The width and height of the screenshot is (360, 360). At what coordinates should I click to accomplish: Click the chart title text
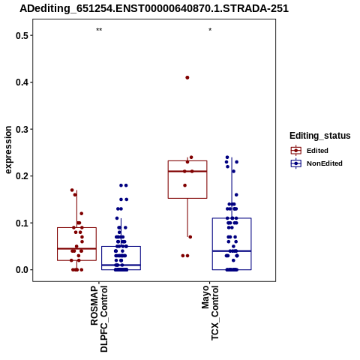(x=154, y=8)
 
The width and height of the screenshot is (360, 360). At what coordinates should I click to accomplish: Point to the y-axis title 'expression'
(x=8, y=150)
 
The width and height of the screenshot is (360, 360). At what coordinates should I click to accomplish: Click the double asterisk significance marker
(x=99, y=29)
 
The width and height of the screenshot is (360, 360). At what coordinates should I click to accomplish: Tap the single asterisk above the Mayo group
(x=210, y=29)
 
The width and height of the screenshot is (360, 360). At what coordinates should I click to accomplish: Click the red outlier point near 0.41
(x=187, y=77)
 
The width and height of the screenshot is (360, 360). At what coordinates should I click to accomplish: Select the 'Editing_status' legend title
(x=319, y=136)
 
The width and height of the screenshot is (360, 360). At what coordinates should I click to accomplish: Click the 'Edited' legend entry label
(x=317, y=151)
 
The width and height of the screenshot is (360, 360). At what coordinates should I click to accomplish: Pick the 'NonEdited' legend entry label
(x=325, y=163)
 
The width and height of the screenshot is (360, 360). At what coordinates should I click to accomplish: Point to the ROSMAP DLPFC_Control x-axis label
(x=99, y=319)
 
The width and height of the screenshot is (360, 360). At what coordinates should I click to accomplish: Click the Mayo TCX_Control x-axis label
(x=210, y=313)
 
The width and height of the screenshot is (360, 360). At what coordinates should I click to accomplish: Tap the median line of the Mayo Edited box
(x=187, y=171)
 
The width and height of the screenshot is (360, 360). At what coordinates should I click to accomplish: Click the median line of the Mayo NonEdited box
(x=232, y=250)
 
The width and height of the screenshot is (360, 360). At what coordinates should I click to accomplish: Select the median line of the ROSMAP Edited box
(x=76, y=248)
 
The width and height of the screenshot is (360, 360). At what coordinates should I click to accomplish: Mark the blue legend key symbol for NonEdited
(x=296, y=163)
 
